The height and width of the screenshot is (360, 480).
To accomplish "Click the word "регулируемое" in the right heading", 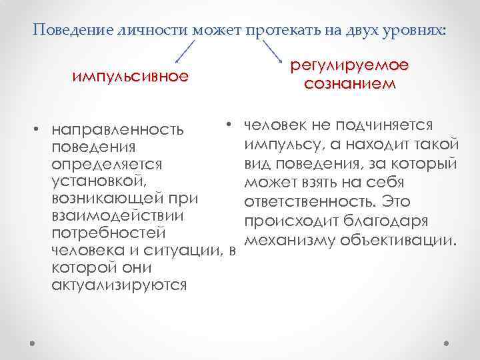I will [x=349, y=67].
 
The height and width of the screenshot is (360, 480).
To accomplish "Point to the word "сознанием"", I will [x=349, y=85].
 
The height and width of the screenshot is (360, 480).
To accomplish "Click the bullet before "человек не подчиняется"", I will [x=227, y=125].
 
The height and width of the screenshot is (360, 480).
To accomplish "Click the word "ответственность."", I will [x=310, y=202].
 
